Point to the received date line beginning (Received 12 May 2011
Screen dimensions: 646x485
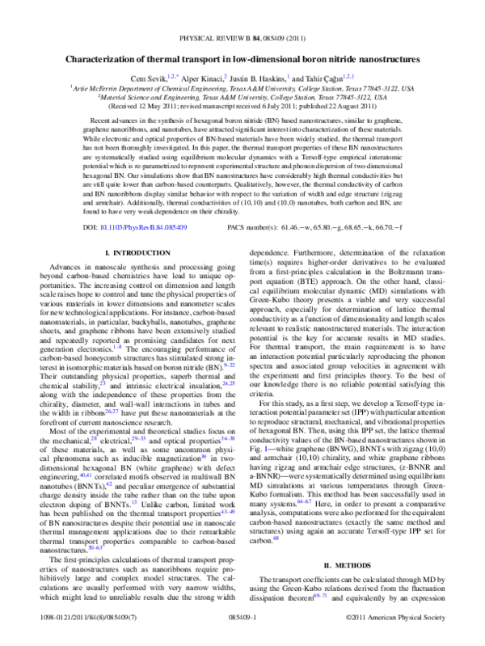pos(242,105)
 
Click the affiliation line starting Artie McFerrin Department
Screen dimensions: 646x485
pos(242,87)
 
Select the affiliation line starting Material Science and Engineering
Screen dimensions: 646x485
pos(242,95)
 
